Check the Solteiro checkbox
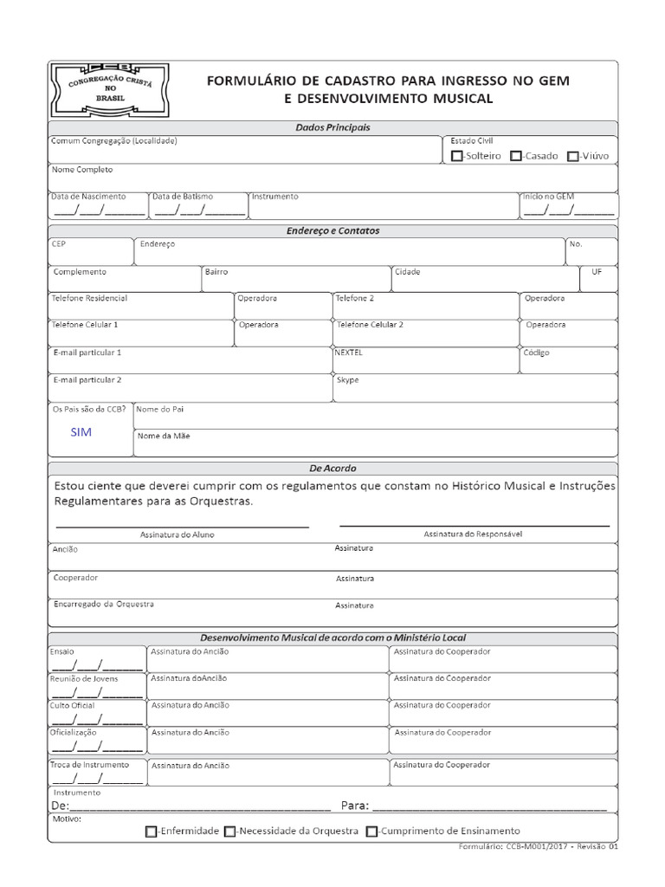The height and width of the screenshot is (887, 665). click(x=457, y=156)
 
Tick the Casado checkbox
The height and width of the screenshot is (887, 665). click(x=515, y=156)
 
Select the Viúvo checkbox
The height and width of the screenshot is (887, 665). click(x=572, y=156)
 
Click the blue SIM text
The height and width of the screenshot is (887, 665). click(x=81, y=431)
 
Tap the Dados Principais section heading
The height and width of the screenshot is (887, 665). click(x=332, y=127)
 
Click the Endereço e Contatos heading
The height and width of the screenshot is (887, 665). click(x=332, y=231)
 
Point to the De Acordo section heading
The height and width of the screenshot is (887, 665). click(x=332, y=468)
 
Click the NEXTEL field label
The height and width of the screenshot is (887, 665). click(x=349, y=353)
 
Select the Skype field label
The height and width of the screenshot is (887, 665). click(x=347, y=380)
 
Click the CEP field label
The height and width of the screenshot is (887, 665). click(x=59, y=244)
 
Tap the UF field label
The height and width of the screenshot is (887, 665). click(x=597, y=271)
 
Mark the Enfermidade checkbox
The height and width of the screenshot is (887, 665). click(x=152, y=832)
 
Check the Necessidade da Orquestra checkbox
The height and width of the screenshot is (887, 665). click(x=229, y=832)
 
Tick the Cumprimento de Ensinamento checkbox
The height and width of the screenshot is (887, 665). click(x=371, y=832)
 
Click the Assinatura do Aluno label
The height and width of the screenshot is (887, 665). click(x=177, y=534)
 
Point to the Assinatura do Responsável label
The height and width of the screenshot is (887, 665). click(x=473, y=534)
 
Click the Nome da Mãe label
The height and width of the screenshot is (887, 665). click(x=164, y=436)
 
